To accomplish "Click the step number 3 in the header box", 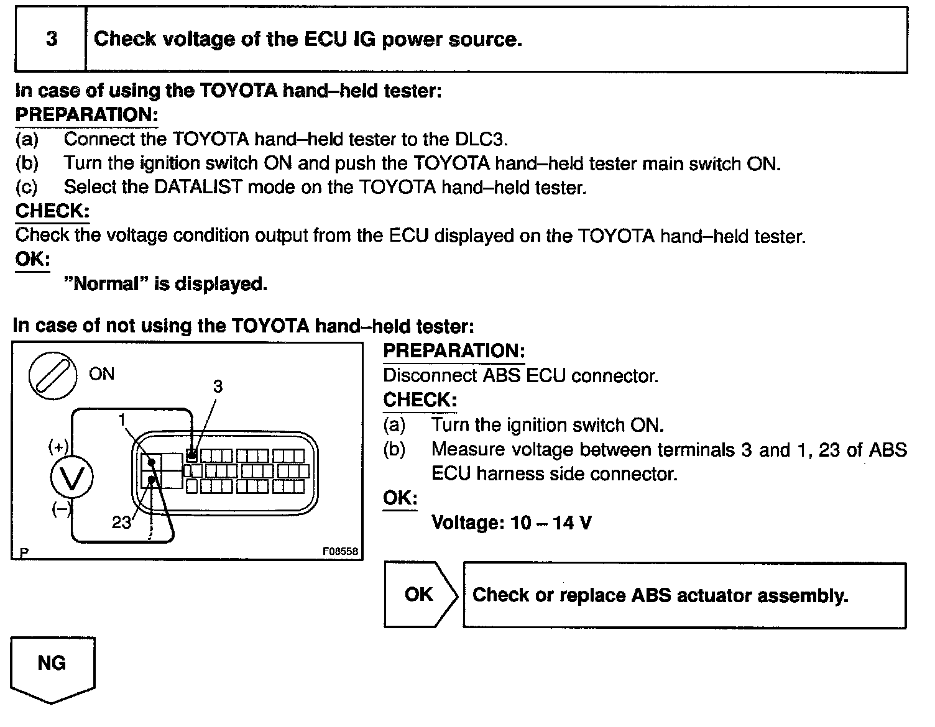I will pos(52,39).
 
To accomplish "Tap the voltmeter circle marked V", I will pos(72,478).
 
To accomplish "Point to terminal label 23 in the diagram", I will pos(121,523).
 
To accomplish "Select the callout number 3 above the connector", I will pos(218,386).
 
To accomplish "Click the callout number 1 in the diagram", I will pos(122,421).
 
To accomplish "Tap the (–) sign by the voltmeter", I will pos(61,509).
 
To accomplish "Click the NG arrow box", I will pos(52,666).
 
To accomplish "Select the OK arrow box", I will pos(420,595).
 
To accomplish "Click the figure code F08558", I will pos(340,551).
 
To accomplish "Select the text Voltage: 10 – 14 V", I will pos(511,523).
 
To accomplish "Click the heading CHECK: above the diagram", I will pos(52,211).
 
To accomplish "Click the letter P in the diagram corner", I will pos(24,552).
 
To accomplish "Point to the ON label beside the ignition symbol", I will pos(101,373).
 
